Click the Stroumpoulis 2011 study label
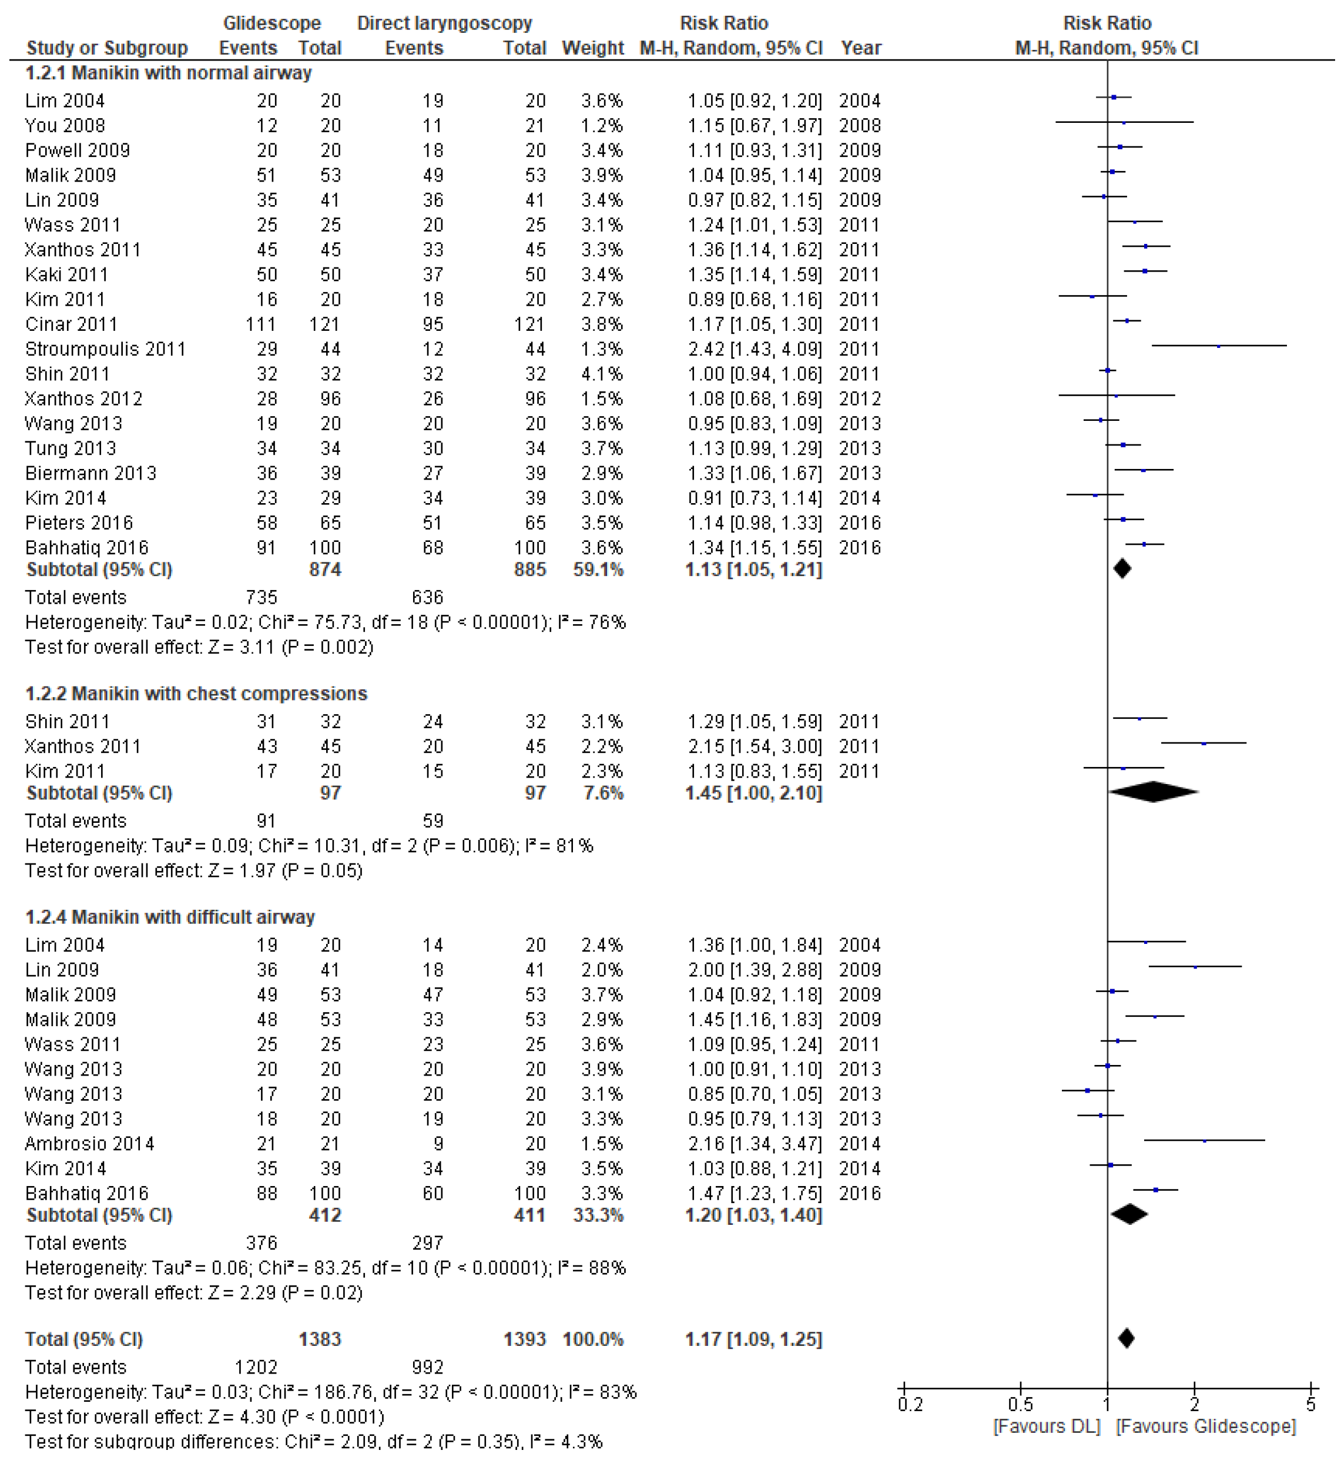105,350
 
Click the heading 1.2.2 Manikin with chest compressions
196,694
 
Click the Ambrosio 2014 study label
89,1144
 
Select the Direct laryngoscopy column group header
444,24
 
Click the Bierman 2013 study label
90,474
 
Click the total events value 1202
256,1368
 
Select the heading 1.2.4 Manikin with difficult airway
170,918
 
